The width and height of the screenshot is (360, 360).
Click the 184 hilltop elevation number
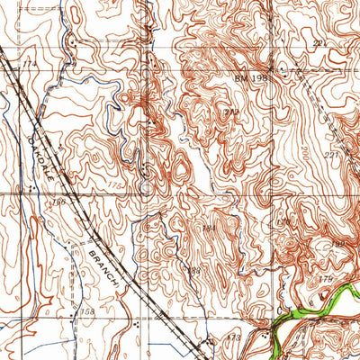(x=209, y=230)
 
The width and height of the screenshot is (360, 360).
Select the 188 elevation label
(x=193, y=273)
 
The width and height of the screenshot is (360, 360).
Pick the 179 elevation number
(x=328, y=281)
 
